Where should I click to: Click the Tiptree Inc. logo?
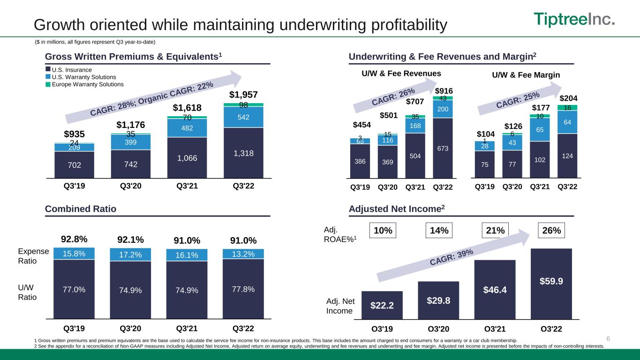point(574,19)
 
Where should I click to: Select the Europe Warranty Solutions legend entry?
point(85,84)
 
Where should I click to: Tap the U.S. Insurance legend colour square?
point(48,69)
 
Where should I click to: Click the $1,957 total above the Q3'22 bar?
point(243,94)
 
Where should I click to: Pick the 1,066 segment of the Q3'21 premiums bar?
point(187,157)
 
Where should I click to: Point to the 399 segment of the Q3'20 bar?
point(130,142)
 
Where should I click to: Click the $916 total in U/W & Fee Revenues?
point(444,91)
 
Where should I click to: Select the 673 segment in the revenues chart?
point(443,148)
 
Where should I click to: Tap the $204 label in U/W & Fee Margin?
point(568,98)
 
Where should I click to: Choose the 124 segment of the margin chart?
point(567,156)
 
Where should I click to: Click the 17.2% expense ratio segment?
point(130,255)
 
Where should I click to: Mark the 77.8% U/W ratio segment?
point(243,289)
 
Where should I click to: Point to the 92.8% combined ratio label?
point(74,239)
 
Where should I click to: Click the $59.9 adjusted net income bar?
point(551,284)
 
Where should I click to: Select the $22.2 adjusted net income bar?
point(382,305)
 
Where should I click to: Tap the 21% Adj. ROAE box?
point(495,230)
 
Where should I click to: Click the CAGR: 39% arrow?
point(453,255)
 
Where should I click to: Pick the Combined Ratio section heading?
point(81,209)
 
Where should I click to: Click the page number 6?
point(608,338)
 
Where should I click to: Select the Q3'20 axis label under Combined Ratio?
point(130,329)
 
